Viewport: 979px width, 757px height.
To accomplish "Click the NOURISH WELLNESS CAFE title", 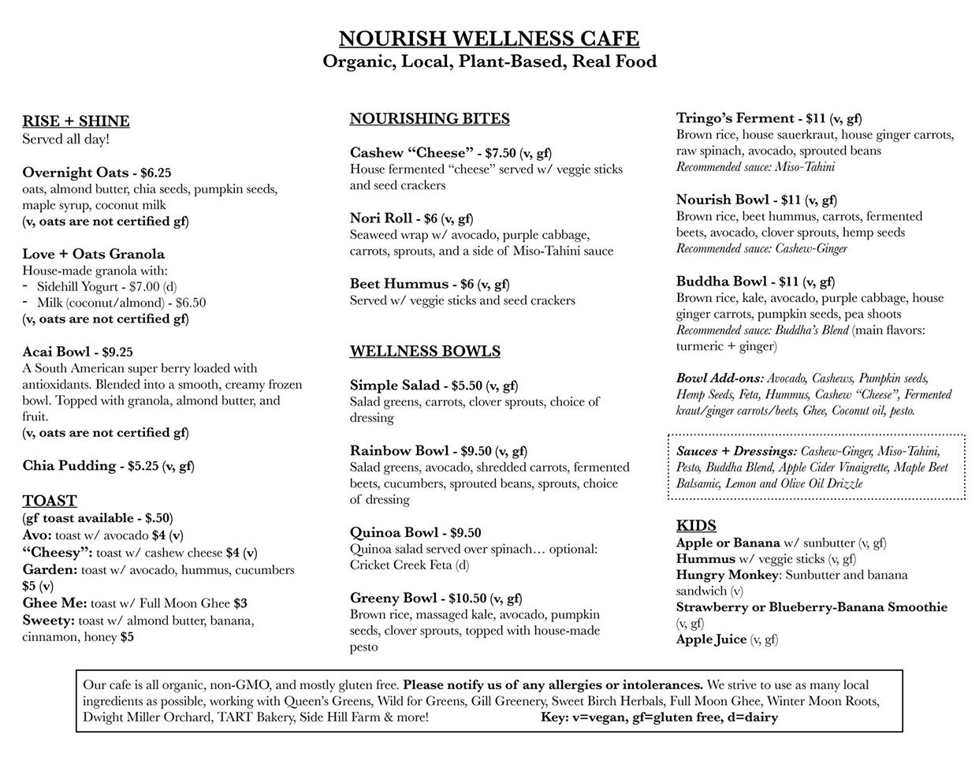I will point(489,39).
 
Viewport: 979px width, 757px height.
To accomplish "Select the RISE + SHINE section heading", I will point(76,121).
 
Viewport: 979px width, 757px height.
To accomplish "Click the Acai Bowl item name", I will point(56,352).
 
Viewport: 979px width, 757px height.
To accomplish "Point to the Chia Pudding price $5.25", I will point(143,466).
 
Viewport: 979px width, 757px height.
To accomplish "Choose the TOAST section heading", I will point(50,501).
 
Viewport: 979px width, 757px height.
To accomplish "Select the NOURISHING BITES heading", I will point(430,119).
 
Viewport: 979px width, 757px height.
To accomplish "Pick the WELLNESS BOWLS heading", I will point(425,352).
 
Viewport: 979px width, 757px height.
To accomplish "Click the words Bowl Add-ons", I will point(720,378).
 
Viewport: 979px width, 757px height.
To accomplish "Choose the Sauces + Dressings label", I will point(736,451).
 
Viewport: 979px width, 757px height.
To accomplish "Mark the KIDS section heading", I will point(696,526).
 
